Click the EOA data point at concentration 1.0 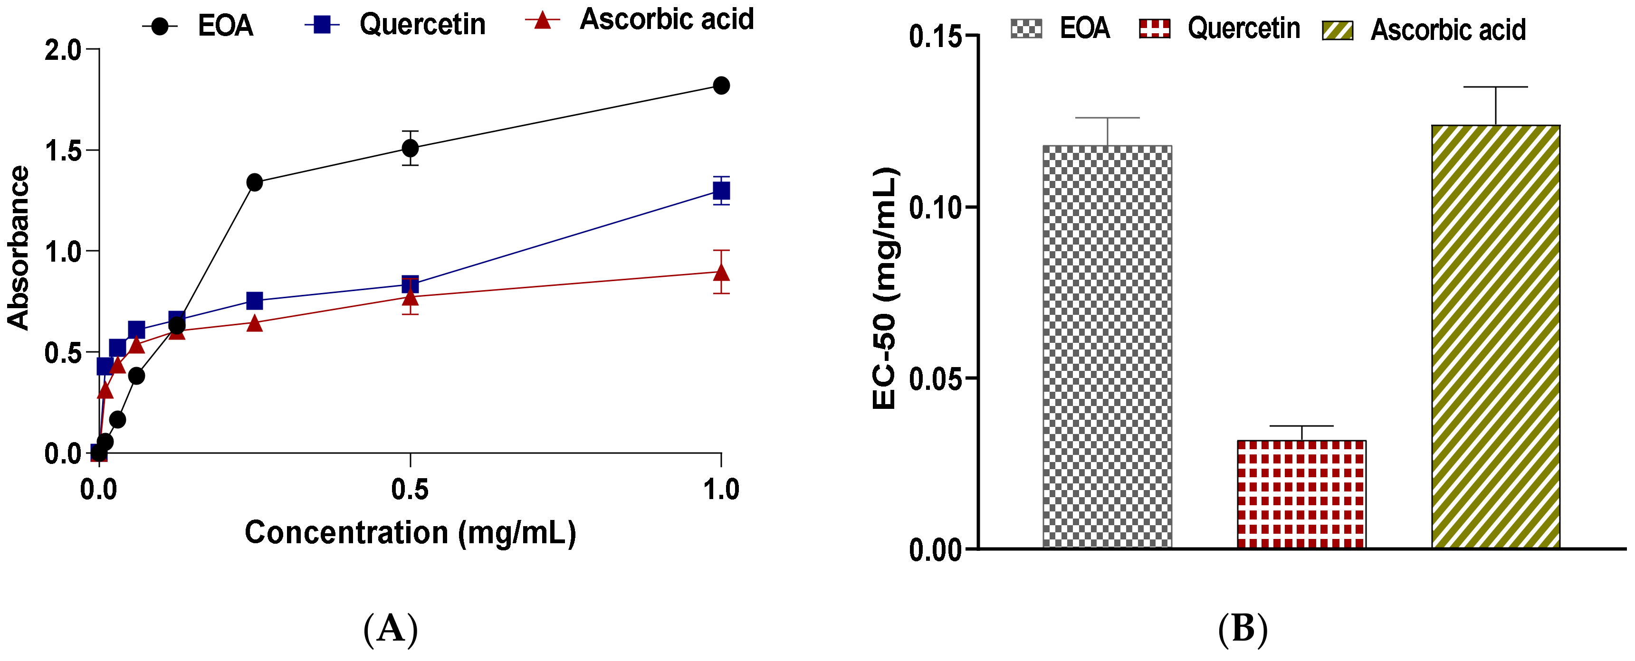pos(721,85)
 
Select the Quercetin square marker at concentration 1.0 pos(721,190)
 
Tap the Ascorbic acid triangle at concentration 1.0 pos(721,273)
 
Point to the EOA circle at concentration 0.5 pos(411,149)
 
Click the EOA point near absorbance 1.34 pos(255,183)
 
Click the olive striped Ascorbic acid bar pos(1495,336)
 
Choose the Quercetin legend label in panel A pos(422,25)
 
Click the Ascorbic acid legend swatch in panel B pos(1338,30)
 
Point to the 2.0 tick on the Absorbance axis pos(64,49)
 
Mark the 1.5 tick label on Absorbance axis pos(64,151)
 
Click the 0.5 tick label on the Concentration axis pos(410,490)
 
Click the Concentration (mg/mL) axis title pos(411,533)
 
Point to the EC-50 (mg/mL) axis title pos(885,289)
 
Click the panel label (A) pos(391,629)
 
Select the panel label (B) pos(1242,629)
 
